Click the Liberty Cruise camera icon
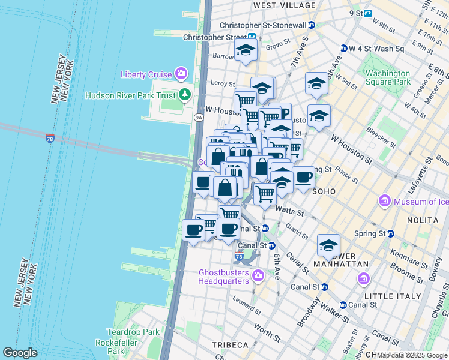click(181, 74)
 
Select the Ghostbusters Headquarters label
click(224, 276)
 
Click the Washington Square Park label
click(388, 77)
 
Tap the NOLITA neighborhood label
click(424, 221)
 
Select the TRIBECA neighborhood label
click(230, 345)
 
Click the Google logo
click(20, 353)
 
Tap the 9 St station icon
click(367, 13)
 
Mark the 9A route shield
click(199, 118)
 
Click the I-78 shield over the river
click(50, 139)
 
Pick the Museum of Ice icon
click(384, 201)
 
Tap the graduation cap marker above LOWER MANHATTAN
click(328, 245)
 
